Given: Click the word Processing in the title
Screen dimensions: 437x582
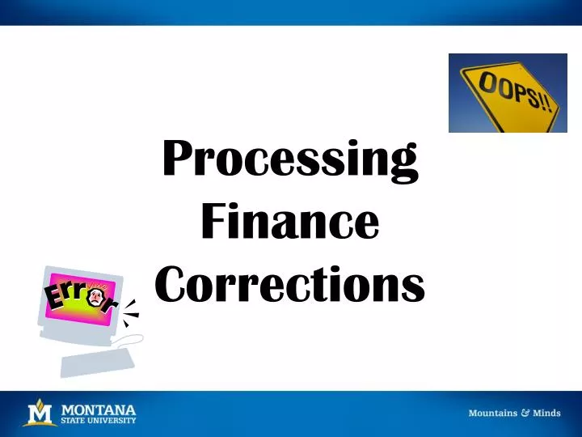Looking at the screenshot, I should [x=290, y=160].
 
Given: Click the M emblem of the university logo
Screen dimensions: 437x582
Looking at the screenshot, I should [x=39, y=414].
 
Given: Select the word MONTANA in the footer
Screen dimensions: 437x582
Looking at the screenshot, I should [x=99, y=409].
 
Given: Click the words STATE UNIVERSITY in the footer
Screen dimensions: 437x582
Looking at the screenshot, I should [x=99, y=420].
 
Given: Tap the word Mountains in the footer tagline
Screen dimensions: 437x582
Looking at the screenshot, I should [x=493, y=413].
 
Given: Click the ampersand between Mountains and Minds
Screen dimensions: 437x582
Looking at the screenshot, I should [x=525, y=413].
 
